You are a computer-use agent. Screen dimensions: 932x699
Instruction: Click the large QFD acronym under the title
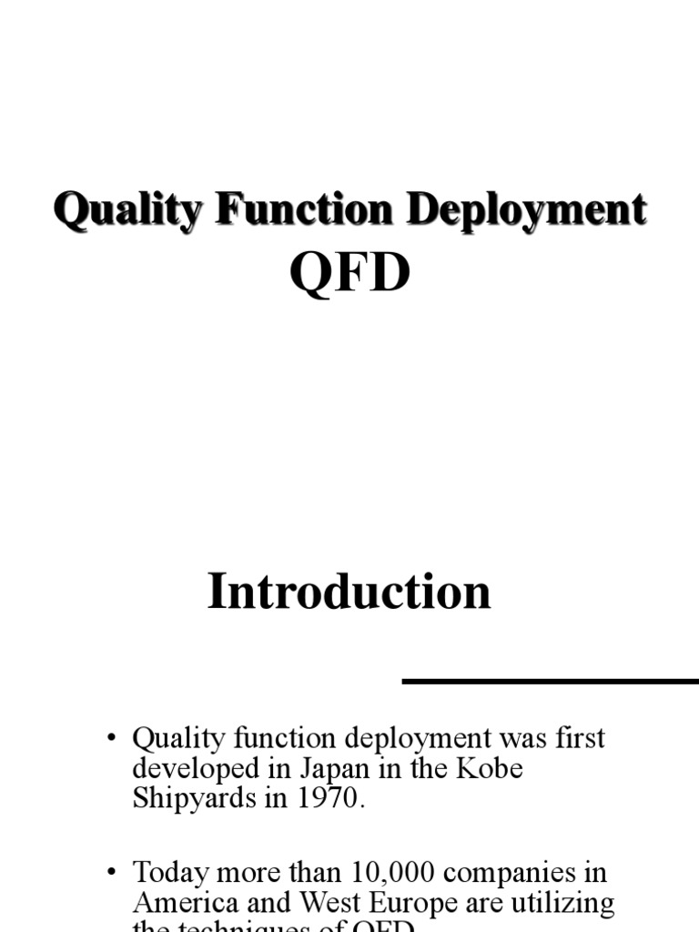coord(349,272)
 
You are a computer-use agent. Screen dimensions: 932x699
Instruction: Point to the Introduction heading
coord(349,591)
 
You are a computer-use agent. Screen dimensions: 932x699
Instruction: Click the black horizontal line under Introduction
coord(550,681)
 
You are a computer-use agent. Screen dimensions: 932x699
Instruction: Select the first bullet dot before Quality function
coord(111,738)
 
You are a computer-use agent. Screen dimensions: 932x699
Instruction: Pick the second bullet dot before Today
coord(111,873)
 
